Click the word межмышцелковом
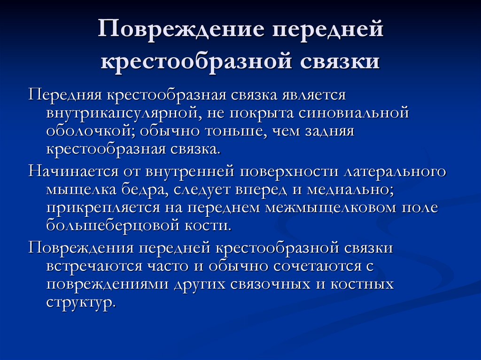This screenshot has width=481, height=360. coord(332,207)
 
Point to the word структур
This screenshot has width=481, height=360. coord(80,303)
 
